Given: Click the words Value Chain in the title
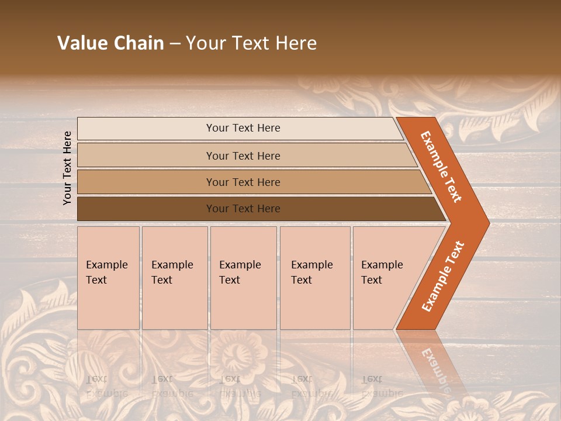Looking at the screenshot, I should pyautogui.click(x=110, y=43).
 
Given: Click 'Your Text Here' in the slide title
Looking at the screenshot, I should pyautogui.click(x=251, y=43).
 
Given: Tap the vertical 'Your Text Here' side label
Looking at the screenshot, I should pyautogui.click(x=67, y=168).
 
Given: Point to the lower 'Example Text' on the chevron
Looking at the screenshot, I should pyautogui.click(x=442, y=277).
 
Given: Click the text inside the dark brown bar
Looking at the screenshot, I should pyautogui.click(x=243, y=209).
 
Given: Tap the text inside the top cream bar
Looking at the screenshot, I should pyautogui.click(x=243, y=128).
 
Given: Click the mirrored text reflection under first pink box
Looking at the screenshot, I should pyautogui.click(x=106, y=386).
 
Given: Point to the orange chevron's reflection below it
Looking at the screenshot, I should pyautogui.click(x=432, y=363).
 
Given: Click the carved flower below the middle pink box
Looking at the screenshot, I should pyautogui.click(x=234, y=354).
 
